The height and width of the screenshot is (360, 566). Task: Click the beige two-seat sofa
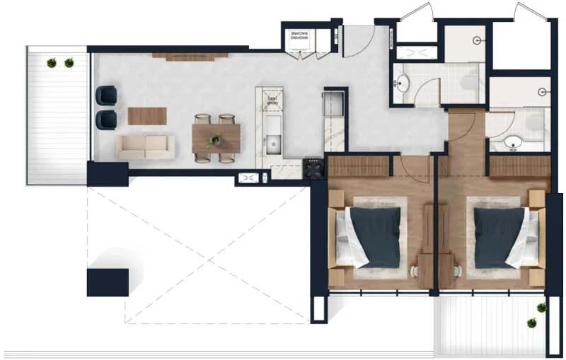point(146,147)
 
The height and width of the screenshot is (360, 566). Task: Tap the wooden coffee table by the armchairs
point(147,115)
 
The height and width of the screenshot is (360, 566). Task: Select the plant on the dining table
point(214,141)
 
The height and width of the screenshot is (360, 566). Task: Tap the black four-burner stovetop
point(313,168)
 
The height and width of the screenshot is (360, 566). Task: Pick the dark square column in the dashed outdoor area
point(108,281)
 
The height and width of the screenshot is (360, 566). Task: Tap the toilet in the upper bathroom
point(468,83)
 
